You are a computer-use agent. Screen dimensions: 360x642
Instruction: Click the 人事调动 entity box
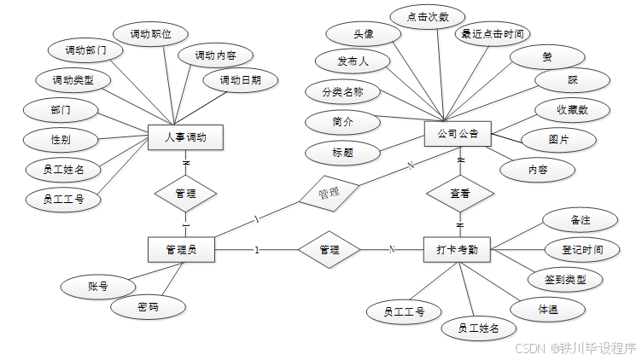(x=185, y=137)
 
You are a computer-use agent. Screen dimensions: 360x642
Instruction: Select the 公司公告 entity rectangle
(x=458, y=133)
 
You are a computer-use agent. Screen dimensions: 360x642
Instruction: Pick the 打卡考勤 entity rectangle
(x=457, y=250)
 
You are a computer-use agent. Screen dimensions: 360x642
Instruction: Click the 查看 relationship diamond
(x=460, y=194)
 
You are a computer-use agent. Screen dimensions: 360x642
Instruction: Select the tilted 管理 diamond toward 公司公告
(x=328, y=194)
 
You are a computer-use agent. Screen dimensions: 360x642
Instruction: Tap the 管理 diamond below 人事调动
(x=185, y=194)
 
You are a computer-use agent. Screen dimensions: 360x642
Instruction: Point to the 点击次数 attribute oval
(x=427, y=15)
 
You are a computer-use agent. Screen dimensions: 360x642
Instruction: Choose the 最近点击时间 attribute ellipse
(x=492, y=34)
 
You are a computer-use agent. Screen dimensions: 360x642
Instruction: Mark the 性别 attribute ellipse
(x=61, y=139)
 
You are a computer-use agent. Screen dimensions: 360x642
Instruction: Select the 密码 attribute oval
(x=148, y=307)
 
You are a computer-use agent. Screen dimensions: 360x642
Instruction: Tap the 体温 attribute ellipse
(x=548, y=310)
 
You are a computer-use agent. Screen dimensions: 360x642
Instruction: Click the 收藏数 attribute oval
(x=572, y=110)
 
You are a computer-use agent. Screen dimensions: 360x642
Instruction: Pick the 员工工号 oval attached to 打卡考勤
(x=404, y=311)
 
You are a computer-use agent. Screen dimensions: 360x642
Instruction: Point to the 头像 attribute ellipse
(x=363, y=34)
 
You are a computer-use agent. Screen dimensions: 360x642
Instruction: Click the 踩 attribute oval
(x=572, y=79)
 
